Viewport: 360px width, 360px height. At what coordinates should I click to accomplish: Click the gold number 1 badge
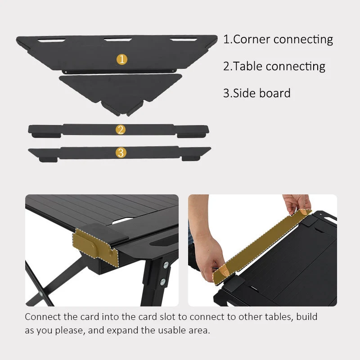(122, 59)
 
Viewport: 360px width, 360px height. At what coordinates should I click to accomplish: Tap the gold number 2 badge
(121, 130)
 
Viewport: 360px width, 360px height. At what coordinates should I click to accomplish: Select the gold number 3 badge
(121, 153)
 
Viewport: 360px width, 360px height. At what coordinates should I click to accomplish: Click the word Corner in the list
(251, 39)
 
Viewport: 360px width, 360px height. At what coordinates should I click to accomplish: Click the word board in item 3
(274, 93)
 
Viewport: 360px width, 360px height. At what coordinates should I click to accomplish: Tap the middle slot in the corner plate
(118, 40)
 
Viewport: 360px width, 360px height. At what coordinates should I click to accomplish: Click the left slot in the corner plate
(51, 40)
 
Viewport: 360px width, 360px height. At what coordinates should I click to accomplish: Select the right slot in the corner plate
(184, 40)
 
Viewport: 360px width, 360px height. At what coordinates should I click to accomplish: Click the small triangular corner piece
(121, 92)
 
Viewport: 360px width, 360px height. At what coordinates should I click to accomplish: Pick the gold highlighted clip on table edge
(95, 247)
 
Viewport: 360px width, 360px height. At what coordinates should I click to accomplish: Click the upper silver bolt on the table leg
(166, 265)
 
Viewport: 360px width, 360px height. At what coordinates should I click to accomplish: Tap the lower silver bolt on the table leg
(163, 282)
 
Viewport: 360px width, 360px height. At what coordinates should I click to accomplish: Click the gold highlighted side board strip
(262, 246)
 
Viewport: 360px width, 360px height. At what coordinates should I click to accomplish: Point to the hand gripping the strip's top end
(297, 204)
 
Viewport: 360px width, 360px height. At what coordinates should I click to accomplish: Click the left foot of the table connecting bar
(46, 135)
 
